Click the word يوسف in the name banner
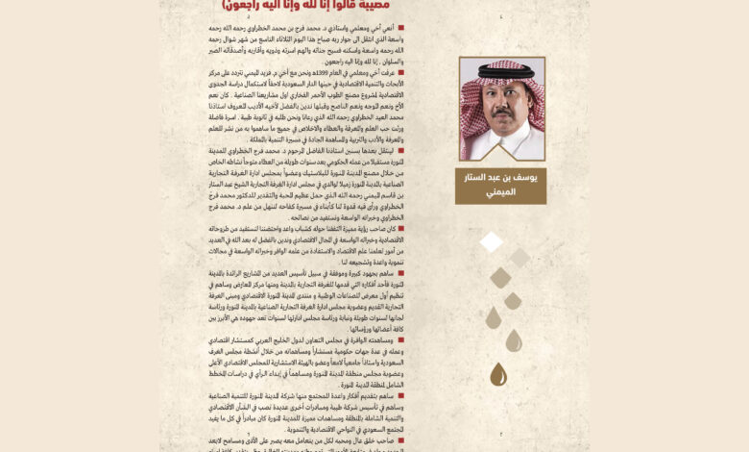coord(529,178)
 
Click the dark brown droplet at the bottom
coord(498,374)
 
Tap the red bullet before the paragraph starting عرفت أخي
coord(428,72)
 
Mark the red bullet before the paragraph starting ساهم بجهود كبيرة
coord(428,272)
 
